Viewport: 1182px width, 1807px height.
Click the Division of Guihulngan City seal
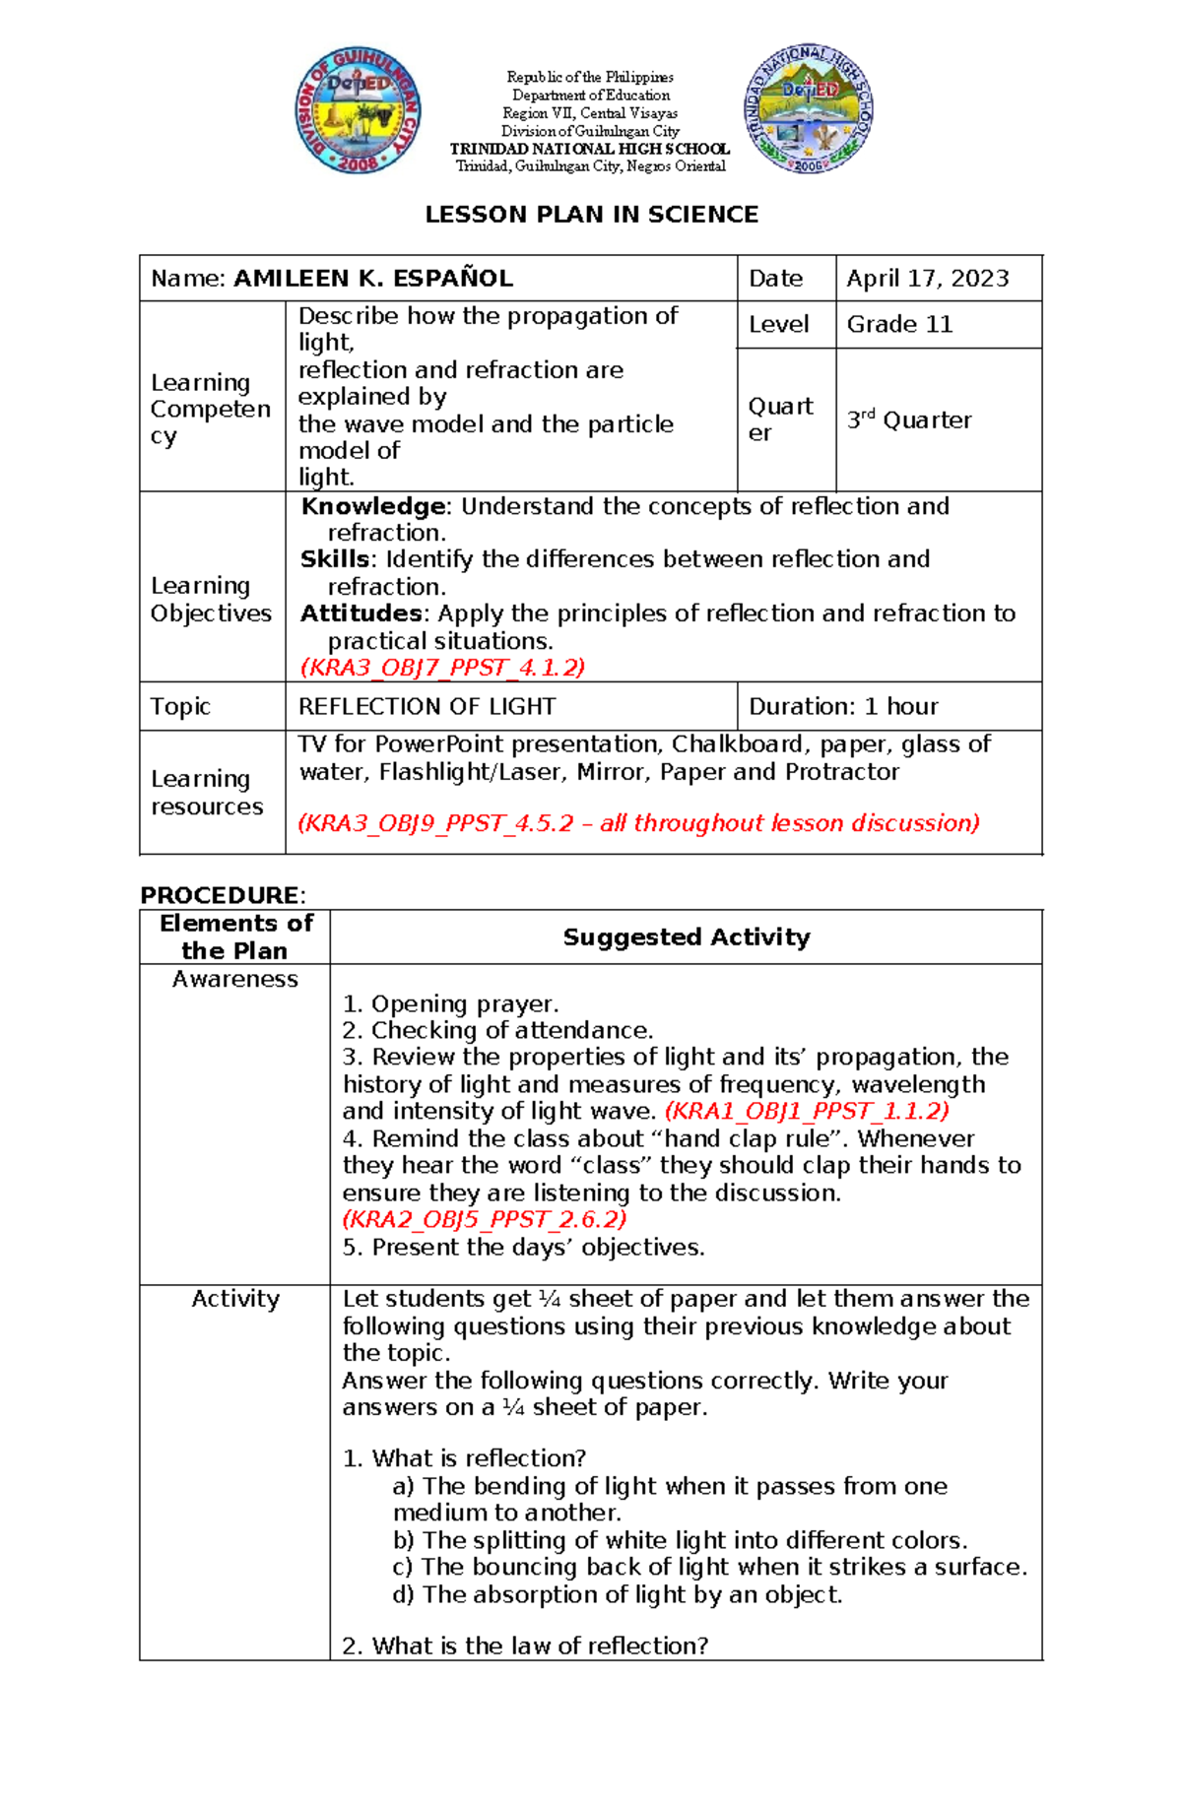[359, 110]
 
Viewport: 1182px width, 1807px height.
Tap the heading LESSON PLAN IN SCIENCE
[591, 215]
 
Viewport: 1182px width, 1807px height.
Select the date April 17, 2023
[927, 279]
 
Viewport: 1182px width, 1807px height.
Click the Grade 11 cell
[899, 324]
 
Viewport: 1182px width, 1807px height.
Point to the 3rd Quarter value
[908, 420]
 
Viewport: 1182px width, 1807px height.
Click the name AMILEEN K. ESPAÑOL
[372, 279]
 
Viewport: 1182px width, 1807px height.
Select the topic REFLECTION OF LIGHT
[427, 707]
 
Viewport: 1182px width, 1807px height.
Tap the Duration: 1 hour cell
[843, 707]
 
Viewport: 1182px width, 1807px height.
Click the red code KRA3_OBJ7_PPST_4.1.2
[442, 668]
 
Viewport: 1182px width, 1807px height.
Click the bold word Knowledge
[373, 506]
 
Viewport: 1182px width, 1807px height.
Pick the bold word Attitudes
[361, 613]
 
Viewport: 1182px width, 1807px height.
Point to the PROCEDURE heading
[222, 895]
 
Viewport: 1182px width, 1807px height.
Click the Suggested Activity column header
[686, 937]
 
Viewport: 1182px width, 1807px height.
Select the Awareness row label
[234, 979]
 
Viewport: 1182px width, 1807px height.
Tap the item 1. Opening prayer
[450, 1004]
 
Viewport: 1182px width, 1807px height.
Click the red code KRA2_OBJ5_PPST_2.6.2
[484, 1220]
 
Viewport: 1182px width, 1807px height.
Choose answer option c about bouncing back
[709, 1567]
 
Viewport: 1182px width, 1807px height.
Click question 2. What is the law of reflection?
[525, 1646]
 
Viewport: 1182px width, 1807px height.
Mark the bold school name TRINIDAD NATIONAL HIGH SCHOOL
[590, 149]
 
